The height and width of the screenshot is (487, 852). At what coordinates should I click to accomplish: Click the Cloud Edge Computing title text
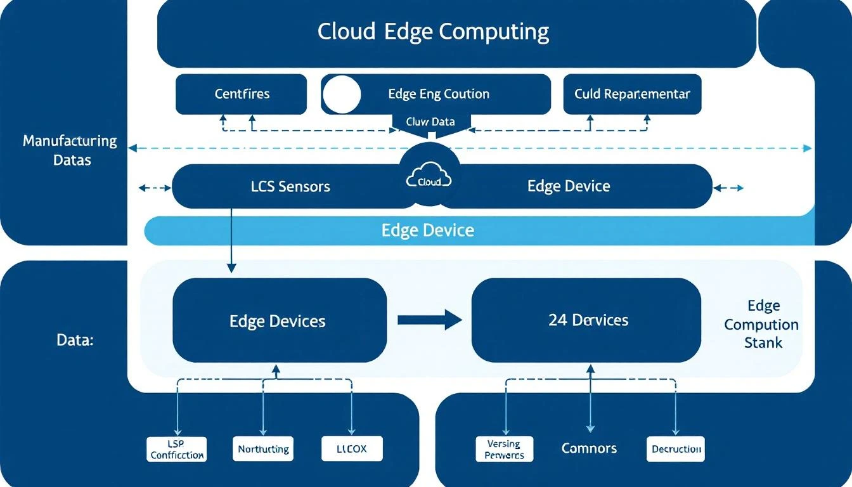point(433,32)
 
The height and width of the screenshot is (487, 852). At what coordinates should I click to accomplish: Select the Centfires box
point(241,94)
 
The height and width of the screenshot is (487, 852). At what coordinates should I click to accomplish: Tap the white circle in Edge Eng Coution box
point(342,94)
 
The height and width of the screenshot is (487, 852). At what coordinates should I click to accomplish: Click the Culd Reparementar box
point(632,94)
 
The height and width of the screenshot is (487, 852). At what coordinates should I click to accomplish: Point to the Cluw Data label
point(430,122)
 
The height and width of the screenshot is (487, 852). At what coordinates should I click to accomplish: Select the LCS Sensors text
point(290,186)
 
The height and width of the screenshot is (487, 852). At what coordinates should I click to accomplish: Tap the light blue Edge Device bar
point(427,230)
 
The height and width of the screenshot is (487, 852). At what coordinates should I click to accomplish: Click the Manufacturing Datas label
point(70,150)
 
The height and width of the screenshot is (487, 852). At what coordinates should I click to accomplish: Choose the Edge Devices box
point(279,320)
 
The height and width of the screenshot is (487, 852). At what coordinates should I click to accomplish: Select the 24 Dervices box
point(587,320)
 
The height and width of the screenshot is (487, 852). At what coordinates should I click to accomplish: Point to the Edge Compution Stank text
point(761,325)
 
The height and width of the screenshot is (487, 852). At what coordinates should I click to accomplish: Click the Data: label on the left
point(75,341)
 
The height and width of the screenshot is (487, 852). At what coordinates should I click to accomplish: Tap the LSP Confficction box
point(177,449)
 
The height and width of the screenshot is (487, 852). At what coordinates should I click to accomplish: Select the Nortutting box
point(263,449)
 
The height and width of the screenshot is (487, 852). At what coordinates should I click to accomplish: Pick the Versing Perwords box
point(504,449)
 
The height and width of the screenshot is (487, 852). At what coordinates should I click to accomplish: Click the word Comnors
point(589,449)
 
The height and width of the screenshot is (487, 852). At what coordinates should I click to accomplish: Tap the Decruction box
point(676,449)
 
